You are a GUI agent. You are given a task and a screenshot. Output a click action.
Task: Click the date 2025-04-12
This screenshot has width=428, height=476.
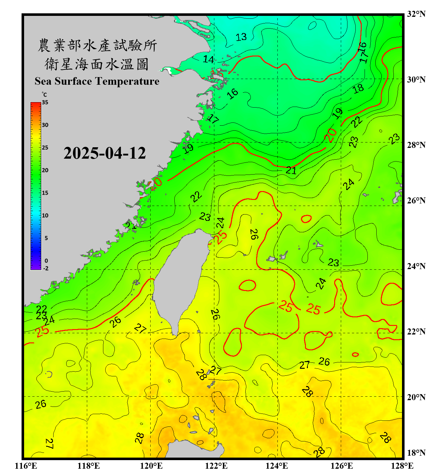click(105, 153)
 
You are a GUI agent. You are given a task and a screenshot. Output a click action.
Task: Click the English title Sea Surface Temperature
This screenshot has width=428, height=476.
click(97, 81)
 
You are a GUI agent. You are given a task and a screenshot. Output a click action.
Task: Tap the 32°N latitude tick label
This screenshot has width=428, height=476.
click(416, 14)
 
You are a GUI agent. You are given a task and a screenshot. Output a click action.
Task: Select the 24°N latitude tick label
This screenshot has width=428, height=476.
click(416, 266)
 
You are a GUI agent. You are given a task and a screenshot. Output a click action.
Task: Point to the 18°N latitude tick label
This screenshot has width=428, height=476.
click(416, 453)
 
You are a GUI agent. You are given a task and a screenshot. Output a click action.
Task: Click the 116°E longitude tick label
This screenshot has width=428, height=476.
click(26, 466)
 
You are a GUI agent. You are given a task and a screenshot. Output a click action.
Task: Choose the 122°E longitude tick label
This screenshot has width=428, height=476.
click(216, 466)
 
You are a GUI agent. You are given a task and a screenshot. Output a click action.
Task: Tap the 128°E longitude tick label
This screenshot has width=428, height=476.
click(402, 466)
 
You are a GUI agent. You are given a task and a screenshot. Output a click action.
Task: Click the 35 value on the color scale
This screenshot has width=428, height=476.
click(45, 102)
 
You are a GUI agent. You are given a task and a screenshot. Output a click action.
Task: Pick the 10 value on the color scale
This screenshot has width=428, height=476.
click(45, 215)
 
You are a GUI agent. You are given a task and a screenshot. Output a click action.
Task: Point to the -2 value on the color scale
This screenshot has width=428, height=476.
click(46, 268)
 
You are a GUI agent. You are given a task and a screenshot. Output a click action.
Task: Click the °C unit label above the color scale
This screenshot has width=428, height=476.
click(44, 95)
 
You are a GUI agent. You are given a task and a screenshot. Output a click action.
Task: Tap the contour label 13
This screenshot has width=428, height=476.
click(241, 37)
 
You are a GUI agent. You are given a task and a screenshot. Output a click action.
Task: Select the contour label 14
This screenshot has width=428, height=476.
click(208, 59)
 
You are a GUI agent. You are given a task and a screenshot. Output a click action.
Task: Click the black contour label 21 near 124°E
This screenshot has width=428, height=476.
click(291, 171)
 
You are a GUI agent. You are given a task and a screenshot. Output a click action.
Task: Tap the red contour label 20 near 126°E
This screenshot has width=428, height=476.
click(330, 135)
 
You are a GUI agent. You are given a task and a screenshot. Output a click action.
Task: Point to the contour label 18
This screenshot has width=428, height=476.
click(358, 89)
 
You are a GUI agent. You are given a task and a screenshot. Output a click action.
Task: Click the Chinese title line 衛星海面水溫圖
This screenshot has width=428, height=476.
click(97, 64)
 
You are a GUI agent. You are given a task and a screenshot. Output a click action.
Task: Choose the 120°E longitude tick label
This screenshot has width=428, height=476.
click(151, 466)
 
